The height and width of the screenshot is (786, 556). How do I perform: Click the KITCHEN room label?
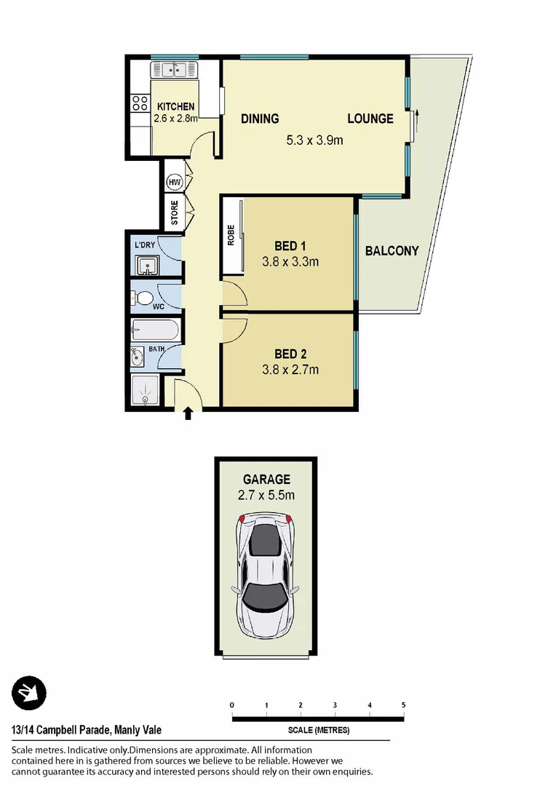pyautogui.click(x=175, y=106)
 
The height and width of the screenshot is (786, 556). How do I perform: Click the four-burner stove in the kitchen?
pyautogui.click(x=140, y=103)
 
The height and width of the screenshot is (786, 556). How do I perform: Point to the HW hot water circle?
pyautogui.click(x=174, y=182)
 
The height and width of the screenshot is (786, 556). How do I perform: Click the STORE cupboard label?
pyautogui.click(x=175, y=213)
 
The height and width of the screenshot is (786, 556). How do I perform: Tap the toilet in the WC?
pyautogui.click(x=143, y=298)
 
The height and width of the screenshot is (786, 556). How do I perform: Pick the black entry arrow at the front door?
pyautogui.click(x=188, y=413)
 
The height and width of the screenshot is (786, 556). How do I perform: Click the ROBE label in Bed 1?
pyautogui.click(x=231, y=235)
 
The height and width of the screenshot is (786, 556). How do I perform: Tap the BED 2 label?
pyautogui.click(x=290, y=354)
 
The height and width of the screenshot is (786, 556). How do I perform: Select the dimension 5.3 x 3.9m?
pyautogui.click(x=314, y=140)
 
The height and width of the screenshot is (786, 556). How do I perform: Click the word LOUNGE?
pyautogui.click(x=370, y=119)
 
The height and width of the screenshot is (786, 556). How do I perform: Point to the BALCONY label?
pyautogui.click(x=392, y=251)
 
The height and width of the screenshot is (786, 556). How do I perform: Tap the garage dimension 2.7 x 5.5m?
pyautogui.click(x=266, y=496)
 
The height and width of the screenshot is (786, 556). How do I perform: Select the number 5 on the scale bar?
pyautogui.click(x=403, y=704)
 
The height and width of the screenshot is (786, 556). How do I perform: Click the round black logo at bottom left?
pyautogui.click(x=28, y=693)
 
